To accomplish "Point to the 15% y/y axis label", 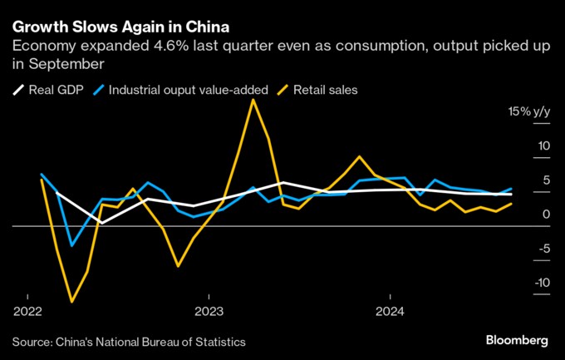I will point(528,111).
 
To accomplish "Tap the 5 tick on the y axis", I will point(544,180).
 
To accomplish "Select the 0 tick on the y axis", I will point(544,215).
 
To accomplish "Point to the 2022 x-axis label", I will point(27,313).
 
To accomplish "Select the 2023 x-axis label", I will point(209,313).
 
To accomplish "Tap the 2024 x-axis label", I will point(390,313).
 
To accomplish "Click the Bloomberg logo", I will point(516,340).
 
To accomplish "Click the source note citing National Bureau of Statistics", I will point(129,341).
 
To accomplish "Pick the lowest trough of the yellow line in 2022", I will point(72,302).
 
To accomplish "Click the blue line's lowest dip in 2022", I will point(72,245).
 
